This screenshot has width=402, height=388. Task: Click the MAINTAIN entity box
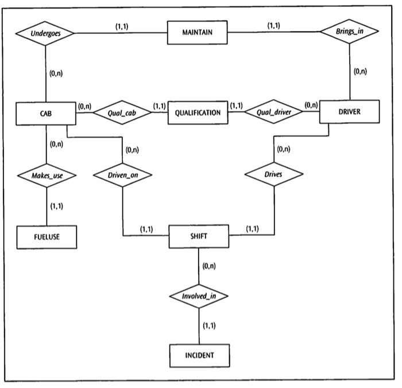click(x=197, y=33)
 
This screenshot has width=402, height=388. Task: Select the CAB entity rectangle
click(x=45, y=114)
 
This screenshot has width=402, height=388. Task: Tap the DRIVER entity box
click(x=349, y=112)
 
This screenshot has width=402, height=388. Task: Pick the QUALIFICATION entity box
click(x=198, y=113)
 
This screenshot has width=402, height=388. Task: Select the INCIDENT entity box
click(x=199, y=355)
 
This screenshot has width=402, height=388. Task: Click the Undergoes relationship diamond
click(x=45, y=33)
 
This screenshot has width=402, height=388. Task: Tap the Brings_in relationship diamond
click(x=350, y=32)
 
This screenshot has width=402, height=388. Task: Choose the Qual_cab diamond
click(x=122, y=113)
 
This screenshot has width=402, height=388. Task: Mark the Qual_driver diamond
click(x=273, y=113)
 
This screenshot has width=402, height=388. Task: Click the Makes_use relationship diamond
click(x=47, y=175)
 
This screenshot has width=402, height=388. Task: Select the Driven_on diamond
click(x=123, y=175)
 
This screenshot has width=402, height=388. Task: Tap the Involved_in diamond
click(x=199, y=296)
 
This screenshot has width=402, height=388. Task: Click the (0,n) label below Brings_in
click(x=360, y=72)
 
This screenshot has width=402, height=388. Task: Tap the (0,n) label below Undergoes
click(x=56, y=73)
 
